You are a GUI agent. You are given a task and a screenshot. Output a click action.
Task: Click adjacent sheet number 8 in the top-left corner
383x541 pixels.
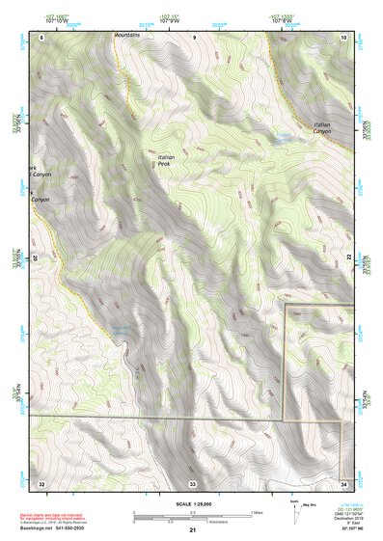coord(41,36)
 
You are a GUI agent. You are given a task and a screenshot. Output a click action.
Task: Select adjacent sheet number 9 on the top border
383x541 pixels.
coord(193,36)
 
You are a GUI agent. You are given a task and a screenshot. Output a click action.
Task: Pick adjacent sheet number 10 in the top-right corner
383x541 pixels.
coord(344,36)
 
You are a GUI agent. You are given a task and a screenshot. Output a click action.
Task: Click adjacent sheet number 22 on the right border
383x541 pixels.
coord(348,257)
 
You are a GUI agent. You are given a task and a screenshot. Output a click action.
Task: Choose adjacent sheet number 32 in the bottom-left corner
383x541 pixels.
coord(41,482)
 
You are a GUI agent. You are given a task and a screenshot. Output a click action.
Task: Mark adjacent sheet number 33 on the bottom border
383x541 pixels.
coord(193,482)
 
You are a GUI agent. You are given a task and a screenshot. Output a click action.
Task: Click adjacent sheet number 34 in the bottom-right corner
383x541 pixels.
coord(344,482)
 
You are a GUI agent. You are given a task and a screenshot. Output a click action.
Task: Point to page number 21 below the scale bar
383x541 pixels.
coord(193,529)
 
